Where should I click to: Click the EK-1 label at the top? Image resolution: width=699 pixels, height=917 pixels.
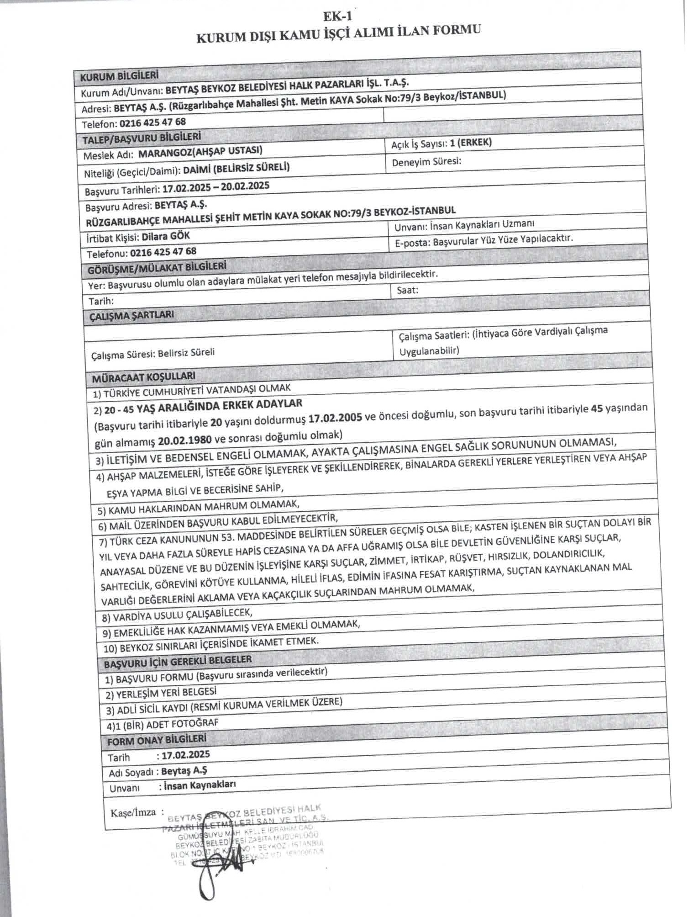(337, 16)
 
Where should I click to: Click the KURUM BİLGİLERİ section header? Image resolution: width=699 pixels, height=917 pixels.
(120, 76)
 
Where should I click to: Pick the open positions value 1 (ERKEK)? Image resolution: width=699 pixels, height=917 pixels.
(471, 143)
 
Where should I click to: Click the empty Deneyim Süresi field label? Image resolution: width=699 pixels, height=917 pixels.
(426, 162)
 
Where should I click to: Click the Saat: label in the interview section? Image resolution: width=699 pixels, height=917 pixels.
(407, 290)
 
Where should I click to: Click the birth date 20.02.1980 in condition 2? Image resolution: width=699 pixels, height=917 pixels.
(185, 440)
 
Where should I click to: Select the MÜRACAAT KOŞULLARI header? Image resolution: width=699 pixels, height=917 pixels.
(144, 377)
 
